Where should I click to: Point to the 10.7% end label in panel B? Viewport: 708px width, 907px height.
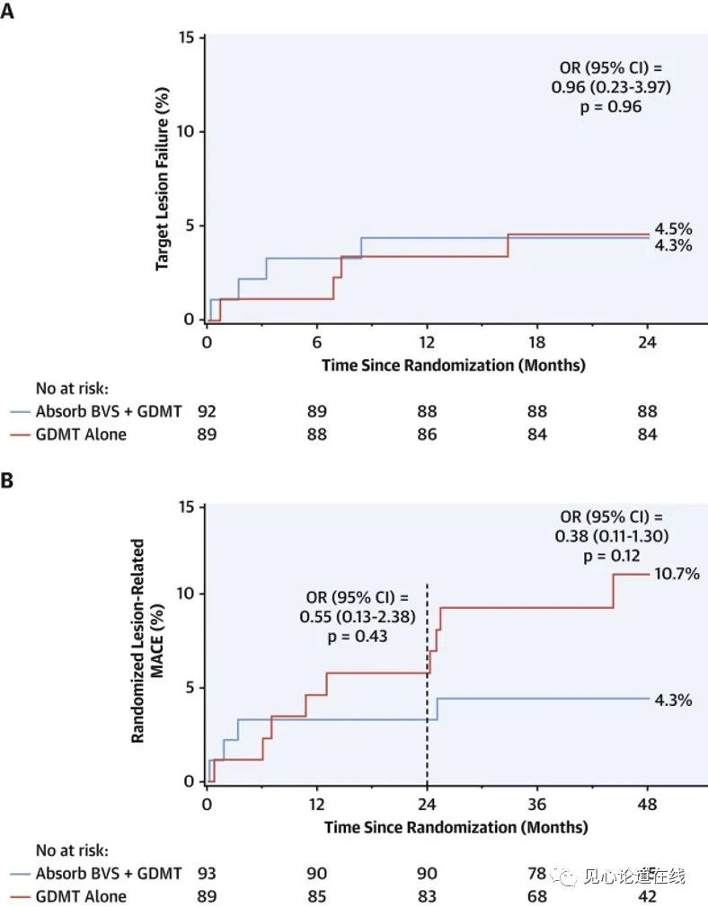(x=675, y=574)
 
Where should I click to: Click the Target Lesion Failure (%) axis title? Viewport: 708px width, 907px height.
(x=163, y=179)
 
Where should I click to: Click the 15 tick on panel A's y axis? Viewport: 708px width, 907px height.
(x=187, y=38)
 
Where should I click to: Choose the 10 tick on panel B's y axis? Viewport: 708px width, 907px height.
(x=187, y=594)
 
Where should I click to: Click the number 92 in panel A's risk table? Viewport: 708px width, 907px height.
(x=207, y=412)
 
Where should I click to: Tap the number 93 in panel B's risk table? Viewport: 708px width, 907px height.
(x=207, y=874)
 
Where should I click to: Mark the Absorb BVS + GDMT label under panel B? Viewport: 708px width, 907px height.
(x=109, y=874)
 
